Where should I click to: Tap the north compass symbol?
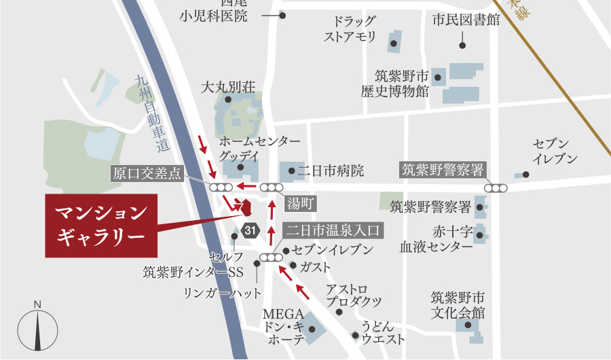pos(38,329)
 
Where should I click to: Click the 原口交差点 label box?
pos(147,173)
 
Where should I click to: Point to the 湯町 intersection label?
pos(300,202)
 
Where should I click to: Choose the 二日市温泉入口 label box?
pos(335,230)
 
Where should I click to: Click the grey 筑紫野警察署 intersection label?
pos(442,169)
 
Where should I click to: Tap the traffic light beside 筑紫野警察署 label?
pos(496,188)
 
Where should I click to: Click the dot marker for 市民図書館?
pos(462,46)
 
